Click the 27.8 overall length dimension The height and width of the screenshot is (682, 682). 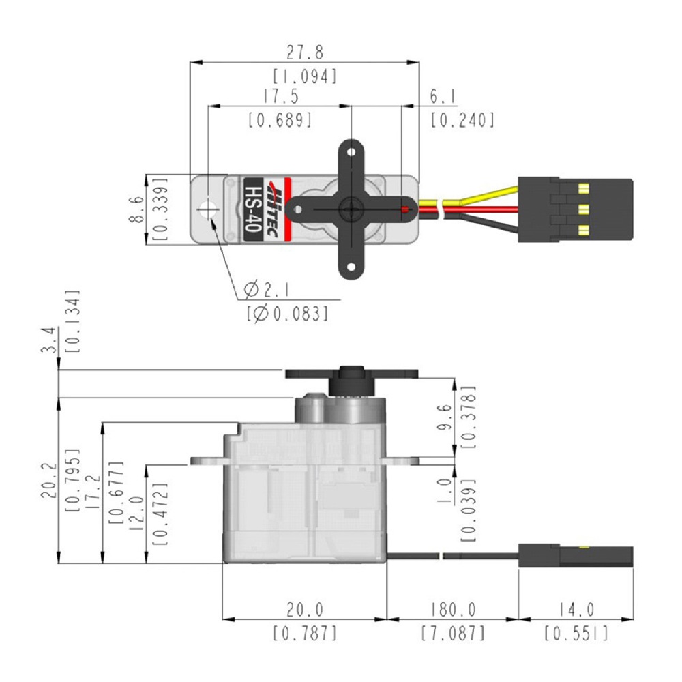[x=305, y=53]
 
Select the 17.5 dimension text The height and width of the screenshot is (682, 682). [x=280, y=96]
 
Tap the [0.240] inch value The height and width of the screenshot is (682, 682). [x=462, y=121]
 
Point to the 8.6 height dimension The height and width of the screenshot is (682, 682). [x=136, y=209]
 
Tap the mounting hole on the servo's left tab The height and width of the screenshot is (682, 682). [x=207, y=209]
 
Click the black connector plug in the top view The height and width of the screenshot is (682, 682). [x=575, y=209]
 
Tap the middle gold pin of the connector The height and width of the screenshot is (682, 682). [x=584, y=209]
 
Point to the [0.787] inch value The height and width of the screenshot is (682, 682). [x=305, y=634]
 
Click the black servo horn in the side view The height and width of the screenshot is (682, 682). [x=351, y=374]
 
